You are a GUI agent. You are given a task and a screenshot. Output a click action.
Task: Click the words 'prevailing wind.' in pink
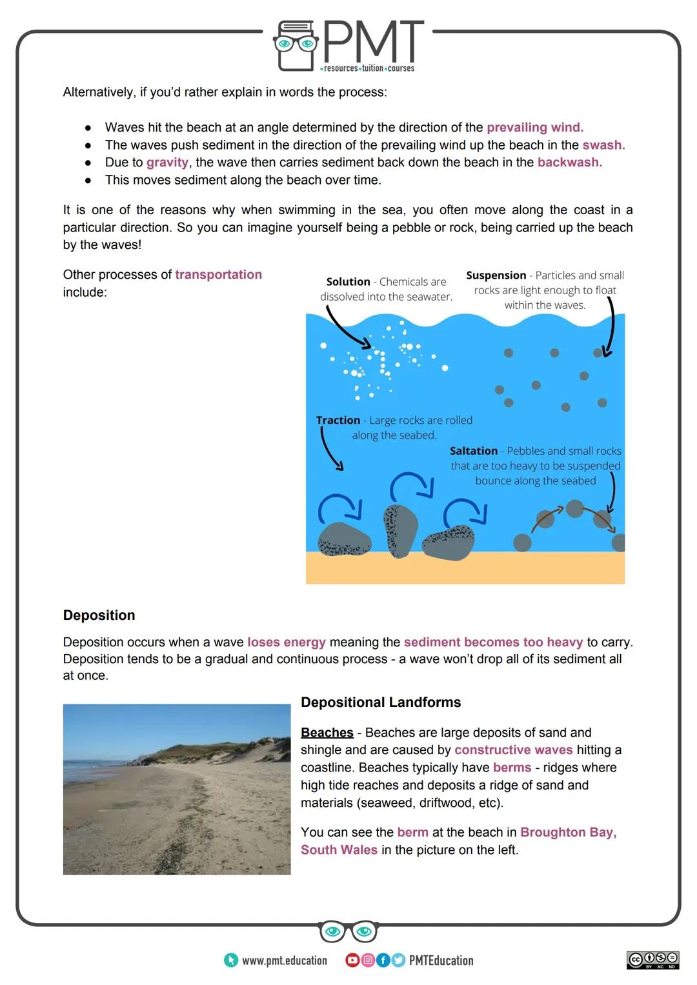click(x=534, y=127)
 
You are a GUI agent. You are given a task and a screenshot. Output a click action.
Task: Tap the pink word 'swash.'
click(x=603, y=145)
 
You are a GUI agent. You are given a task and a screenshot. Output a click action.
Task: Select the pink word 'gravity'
click(x=167, y=163)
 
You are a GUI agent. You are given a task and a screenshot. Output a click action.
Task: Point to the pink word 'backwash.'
click(x=569, y=163)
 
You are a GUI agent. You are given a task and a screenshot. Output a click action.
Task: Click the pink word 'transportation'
click(x=218, y=275)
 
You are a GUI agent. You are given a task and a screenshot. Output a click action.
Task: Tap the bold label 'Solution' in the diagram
click(x=348, y=282)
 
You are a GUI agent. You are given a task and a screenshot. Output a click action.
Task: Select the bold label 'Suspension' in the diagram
click(x=496, y=275)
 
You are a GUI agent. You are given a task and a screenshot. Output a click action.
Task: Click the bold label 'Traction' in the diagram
click(x=338, y=421)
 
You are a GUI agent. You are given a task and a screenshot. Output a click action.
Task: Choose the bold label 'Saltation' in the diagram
click(x=473, y=451)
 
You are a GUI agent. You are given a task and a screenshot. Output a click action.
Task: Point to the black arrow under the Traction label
click(x=330, y=449)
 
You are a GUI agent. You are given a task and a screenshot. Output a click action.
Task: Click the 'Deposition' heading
click(x=99, y=615)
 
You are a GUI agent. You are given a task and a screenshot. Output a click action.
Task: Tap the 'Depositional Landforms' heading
click(x=381, y=702)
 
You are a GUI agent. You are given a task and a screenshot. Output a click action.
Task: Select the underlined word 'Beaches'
click(x=327, y=733)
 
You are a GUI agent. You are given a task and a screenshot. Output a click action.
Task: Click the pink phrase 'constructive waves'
click(x=513, y=750)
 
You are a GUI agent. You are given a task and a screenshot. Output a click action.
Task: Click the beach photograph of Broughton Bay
click(x=177, y=789)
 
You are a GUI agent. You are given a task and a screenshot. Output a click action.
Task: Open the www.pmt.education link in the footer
click(x=284, y=960)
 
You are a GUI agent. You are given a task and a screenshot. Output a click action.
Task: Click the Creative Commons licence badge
click(x=652, y=960)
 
